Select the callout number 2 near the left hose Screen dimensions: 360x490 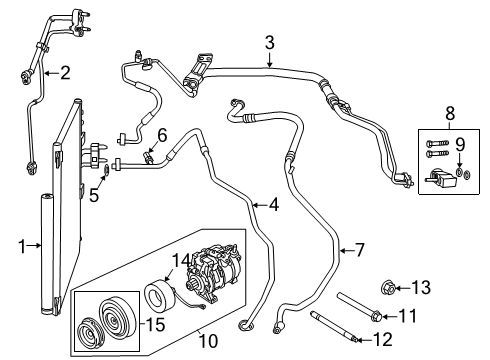tap(65, 71)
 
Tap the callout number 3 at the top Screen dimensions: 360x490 tap(269, 42)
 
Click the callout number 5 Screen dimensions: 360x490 tap(93, 169)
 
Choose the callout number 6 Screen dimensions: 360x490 tap(161, 135)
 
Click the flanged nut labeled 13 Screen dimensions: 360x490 tap(391, 289)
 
